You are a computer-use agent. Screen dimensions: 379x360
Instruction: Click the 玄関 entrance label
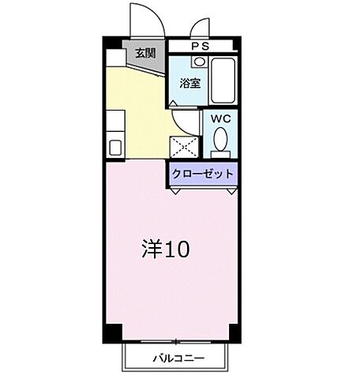coord(144,54)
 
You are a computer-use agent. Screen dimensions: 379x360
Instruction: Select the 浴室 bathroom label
coord(189,82)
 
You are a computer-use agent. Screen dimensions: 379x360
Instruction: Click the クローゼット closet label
coord(203,174)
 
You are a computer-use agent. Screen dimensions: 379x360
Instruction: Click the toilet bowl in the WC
coord(220,143)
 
